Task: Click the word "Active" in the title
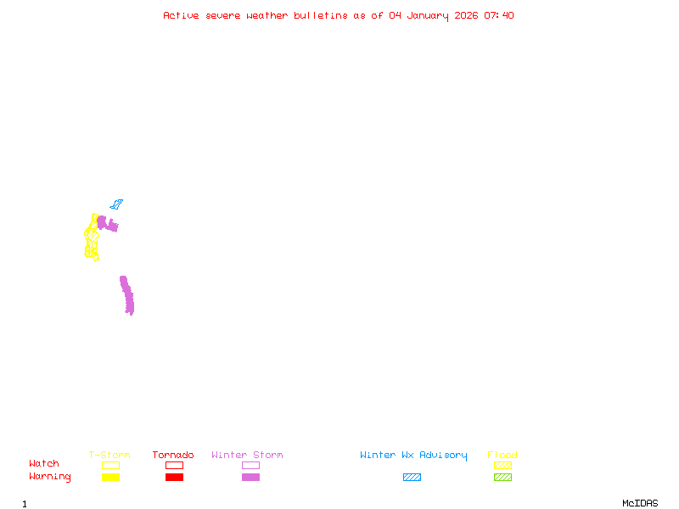pyautogui.click(x=181, y=15)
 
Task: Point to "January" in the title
pyautogui.click(x=428, y=16)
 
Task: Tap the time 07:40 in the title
pyautogui.click(x=499, y=15)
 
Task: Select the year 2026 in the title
pyautogui.click(x=466, y=15)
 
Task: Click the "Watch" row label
pyautogui.click(x=44, y=463)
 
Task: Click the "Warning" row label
pyautogui.click(x=50, y=477)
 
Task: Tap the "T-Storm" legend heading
pyautogui.click(x=109, y=455)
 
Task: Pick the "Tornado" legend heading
pyautogui.click(x=173, y=455)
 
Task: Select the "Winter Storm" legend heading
pyautogui.click(x=247, y=455)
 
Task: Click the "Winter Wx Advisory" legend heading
pyautogui.click(x=413, y=456)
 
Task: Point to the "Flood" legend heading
pyautogui.click(x=502, y=455)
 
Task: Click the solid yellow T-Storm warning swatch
pyautogui.click(x=111, y=478)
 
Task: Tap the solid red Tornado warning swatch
pyautogui.click(x=175, y=478)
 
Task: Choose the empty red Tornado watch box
pyautogui.click(x=175, y=465)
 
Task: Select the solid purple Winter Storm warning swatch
pyautogui.click(x=250, y=478)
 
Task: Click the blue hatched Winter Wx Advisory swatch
pyautogui.click(x=412, y=478)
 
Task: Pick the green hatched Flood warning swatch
pyautogui.click(x=502, y=478)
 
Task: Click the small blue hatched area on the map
pyautogui.click(x=116, y=204)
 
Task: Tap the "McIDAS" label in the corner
pyautogui.click(x=640, y=503)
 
